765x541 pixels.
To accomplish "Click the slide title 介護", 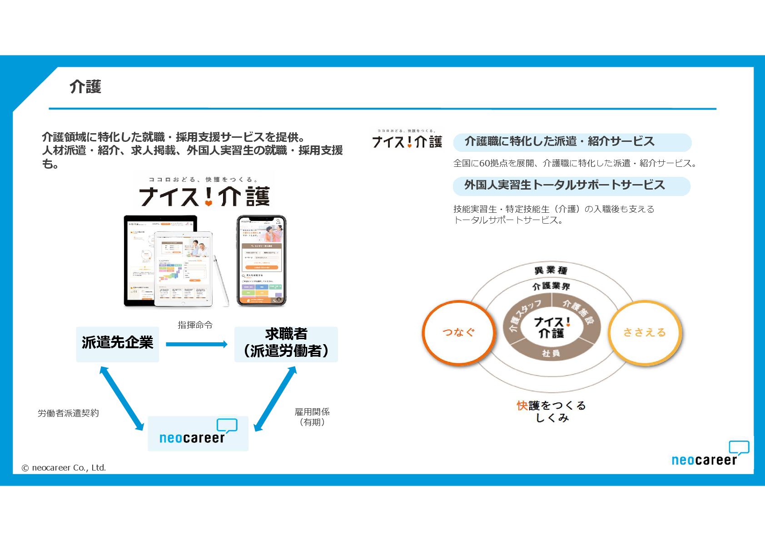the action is coord(85,86).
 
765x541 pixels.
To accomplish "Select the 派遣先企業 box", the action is coord(117,344).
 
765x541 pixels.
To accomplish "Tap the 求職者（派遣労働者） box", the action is coord(286,344).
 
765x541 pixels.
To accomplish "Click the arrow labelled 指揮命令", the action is coord(196,344).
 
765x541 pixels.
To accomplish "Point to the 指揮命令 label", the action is coord(195,325).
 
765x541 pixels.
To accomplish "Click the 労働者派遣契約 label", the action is coord(68,413).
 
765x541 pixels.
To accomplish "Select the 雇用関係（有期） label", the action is coord(312,417).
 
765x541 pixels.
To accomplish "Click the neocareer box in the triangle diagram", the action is coord(198,433).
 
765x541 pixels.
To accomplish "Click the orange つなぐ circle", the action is coord(458,332).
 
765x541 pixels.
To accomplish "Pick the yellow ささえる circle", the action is coord(644,332).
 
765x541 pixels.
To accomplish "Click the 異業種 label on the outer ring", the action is coord(551,270).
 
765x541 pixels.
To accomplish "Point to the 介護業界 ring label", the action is coord(551,286).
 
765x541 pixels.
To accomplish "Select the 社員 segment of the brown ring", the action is coord(551,353).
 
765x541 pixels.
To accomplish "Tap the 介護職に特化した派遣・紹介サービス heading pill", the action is coord(572,142).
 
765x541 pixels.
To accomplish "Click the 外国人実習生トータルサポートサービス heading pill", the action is coord(571,185).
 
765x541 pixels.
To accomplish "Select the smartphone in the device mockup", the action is coord(262,260).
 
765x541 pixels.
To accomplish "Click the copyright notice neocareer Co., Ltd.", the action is coord(64,468).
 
